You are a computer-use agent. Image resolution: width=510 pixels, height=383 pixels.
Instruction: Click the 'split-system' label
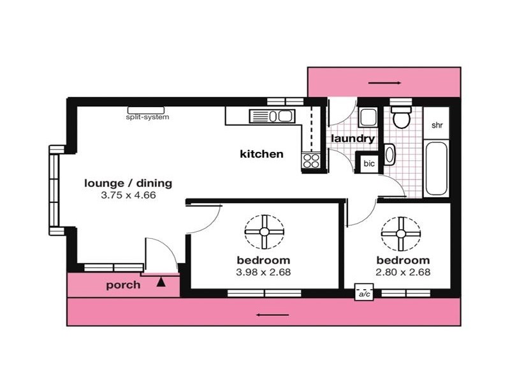[148, 117]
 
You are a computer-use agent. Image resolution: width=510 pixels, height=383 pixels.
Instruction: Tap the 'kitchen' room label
[261, 154]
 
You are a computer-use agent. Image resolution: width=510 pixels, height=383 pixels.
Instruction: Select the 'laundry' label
[352, 138]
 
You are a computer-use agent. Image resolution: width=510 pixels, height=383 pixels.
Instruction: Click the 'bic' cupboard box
[369, 163]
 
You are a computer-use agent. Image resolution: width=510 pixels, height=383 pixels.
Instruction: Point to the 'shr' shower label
[437, 125]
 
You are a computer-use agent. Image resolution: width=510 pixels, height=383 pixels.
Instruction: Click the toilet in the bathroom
[401, 117]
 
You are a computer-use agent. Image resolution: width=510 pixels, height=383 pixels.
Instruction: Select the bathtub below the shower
[437, 169]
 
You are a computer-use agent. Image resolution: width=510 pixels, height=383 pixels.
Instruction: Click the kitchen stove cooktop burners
[311, 161]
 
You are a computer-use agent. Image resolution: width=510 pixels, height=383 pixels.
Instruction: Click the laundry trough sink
[367, 118]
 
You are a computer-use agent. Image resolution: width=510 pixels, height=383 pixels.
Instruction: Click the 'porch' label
[123, 285]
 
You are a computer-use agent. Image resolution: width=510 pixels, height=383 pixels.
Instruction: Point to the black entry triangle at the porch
[161, 280]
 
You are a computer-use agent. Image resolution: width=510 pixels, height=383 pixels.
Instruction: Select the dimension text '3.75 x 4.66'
[128, 195]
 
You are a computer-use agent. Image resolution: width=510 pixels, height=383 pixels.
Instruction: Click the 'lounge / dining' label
[128, 184]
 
